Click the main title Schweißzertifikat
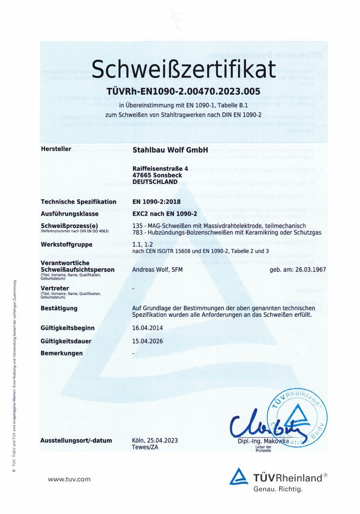click(x=184, y=69)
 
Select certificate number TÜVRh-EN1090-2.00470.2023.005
click(x=184, y=91)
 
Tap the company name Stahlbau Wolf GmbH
click(x=170, y=149)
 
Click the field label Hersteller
click(x=56, y=149)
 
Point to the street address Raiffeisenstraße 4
click(x=160, y=168)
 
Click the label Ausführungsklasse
click(x=69, y=214)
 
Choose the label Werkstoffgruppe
click(x=67, y=245)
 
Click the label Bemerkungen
click(x=62, y=353)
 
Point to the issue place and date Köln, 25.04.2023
click(x=155, y=441)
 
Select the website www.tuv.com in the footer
click(x=69, y=479)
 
